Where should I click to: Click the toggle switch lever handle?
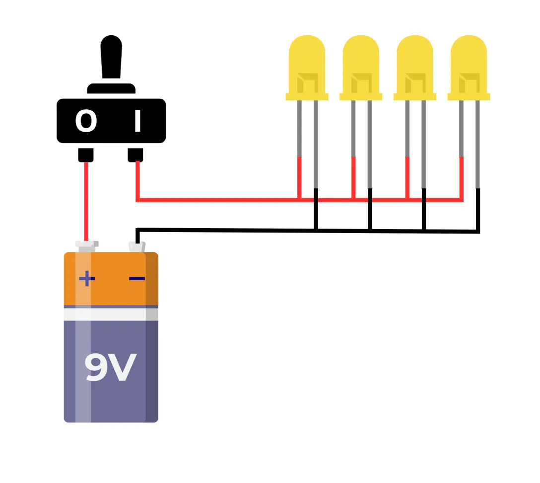pos(111,57)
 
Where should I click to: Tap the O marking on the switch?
pos(86,121)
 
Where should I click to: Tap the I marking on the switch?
pos(137,121)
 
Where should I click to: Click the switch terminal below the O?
pos(86,155)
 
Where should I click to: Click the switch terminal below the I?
pos(135,155)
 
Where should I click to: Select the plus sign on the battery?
pos(87,279)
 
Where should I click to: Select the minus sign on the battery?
pos(137,278)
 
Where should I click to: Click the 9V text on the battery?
pos(110,368)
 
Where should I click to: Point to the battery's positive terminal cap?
pos(86,244)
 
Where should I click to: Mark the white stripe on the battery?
pos(111,314)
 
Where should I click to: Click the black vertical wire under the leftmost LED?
pos(316,209)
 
